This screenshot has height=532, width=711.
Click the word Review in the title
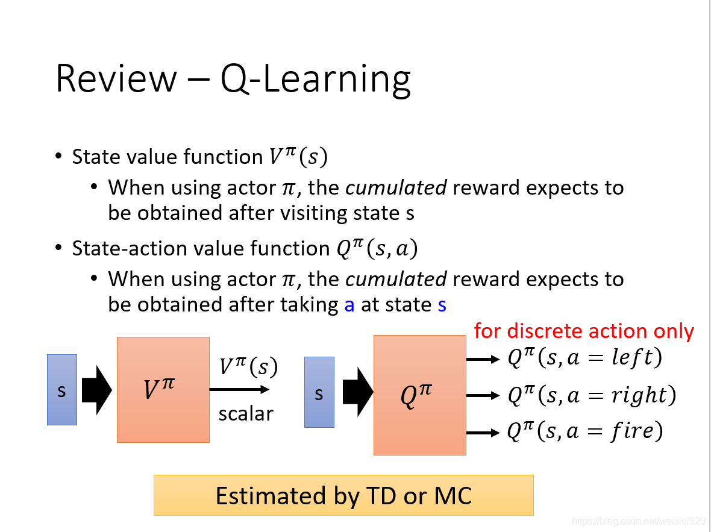pyautogui.click(x=116, y=79)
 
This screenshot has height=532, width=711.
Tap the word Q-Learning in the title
pyautogui.click(x=316, y=80)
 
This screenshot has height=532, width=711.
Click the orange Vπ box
pyautogui.click(x=163, y=390)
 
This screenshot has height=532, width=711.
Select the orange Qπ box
pyautogui.click(x=420, y=395)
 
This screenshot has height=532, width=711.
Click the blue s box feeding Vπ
pyautogui.click(x=62, y=390)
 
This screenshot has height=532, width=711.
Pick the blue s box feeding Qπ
pyautogui.click(x=319, y=392)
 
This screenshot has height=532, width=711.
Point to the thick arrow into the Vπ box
pyautogui.click(x=97, y=390)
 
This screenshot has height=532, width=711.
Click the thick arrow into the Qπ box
pyautogui.click(x=358, y=392)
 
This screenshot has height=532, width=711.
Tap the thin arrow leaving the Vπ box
pyautogui.click(x=239, y=389)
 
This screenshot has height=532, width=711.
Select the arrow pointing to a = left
pyautogui.click(x=483, y=359)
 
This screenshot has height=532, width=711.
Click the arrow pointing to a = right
pyautogui.click(x=483, y=395)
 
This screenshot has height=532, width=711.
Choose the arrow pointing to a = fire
pyautogui.click(x=483, y=433)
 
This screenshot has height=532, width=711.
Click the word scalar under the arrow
pyautogui.click(x=246, y=414)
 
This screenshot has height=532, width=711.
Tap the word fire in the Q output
pyautogui.click(x=631, y=430)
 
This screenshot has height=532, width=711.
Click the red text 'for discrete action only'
pyautogui.click(x=584, y=331)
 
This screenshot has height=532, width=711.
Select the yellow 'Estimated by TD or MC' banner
pyautogui.click(x=343, y=495)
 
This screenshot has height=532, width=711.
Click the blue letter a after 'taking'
pyautogui.click(x=349, y=305)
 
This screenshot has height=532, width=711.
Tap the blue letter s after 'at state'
pyautogui.click(x=442, y=305)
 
